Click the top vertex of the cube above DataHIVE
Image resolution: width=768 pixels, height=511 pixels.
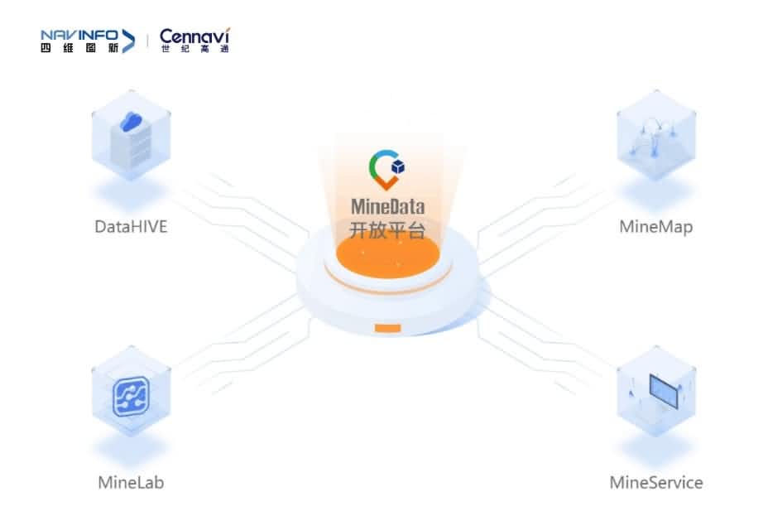point(131,91)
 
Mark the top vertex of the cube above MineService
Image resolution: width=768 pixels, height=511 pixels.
point(656,347)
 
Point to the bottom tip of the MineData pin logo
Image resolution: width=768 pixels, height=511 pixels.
point(386,190)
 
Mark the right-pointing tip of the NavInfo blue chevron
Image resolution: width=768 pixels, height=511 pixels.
point(135,41)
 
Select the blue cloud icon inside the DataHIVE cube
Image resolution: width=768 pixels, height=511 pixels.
point(131,121)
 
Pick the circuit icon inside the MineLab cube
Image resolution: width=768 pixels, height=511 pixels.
point(131,397)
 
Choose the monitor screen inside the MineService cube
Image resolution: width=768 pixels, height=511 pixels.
point(664,390)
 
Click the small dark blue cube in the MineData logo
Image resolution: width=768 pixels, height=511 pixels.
point(398,167)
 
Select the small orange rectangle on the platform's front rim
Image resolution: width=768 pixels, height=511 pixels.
point(388,328)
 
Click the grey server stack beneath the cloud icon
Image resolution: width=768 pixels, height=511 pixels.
point(131,147)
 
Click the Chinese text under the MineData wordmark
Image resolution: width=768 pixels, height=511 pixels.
point(387,230)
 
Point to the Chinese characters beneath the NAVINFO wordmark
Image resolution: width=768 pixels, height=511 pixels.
point(79,47)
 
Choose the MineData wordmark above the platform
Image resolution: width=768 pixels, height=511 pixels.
point(387,206)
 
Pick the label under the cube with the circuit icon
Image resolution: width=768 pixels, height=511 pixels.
point(131,483)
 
